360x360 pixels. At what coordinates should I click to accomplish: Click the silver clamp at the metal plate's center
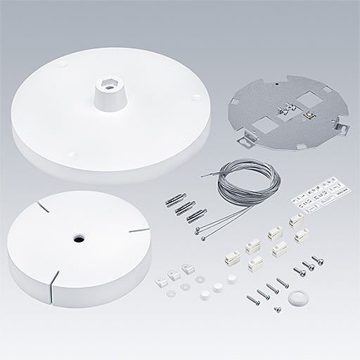click(x=285, y=109)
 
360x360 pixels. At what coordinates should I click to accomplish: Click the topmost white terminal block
click(x=295, y=220)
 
